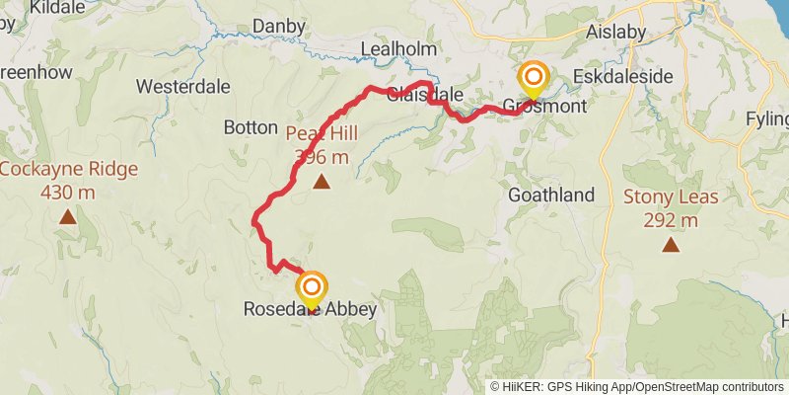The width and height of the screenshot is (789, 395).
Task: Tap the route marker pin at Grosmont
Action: point(534,78)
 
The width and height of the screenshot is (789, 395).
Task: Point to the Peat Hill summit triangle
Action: point(322,182)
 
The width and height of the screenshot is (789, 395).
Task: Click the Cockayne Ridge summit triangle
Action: point(67,216)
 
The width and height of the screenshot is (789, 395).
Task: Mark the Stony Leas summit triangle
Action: point(671,244)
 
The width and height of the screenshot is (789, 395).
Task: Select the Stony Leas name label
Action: point(671,196)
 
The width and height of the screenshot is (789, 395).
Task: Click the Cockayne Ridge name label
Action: point(68,168)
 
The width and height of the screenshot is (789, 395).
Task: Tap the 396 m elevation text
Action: point(322,156)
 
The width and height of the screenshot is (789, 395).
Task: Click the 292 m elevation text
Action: point(671,219)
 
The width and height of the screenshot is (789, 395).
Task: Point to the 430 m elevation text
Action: point(68,192)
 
